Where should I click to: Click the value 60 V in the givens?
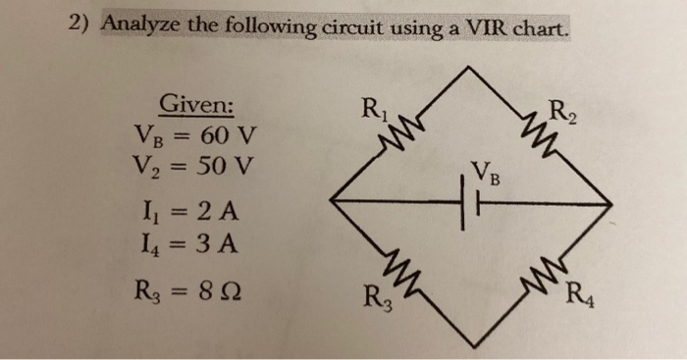click(229, 131)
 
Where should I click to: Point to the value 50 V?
click(227, 165)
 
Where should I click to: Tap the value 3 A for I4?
click(217, 240)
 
